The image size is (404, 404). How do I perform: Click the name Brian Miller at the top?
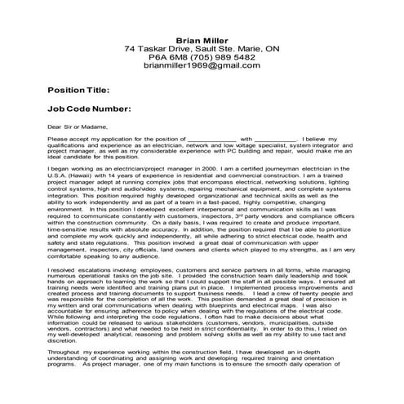[202, 40]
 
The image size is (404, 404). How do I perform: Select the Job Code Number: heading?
[88, 108]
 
